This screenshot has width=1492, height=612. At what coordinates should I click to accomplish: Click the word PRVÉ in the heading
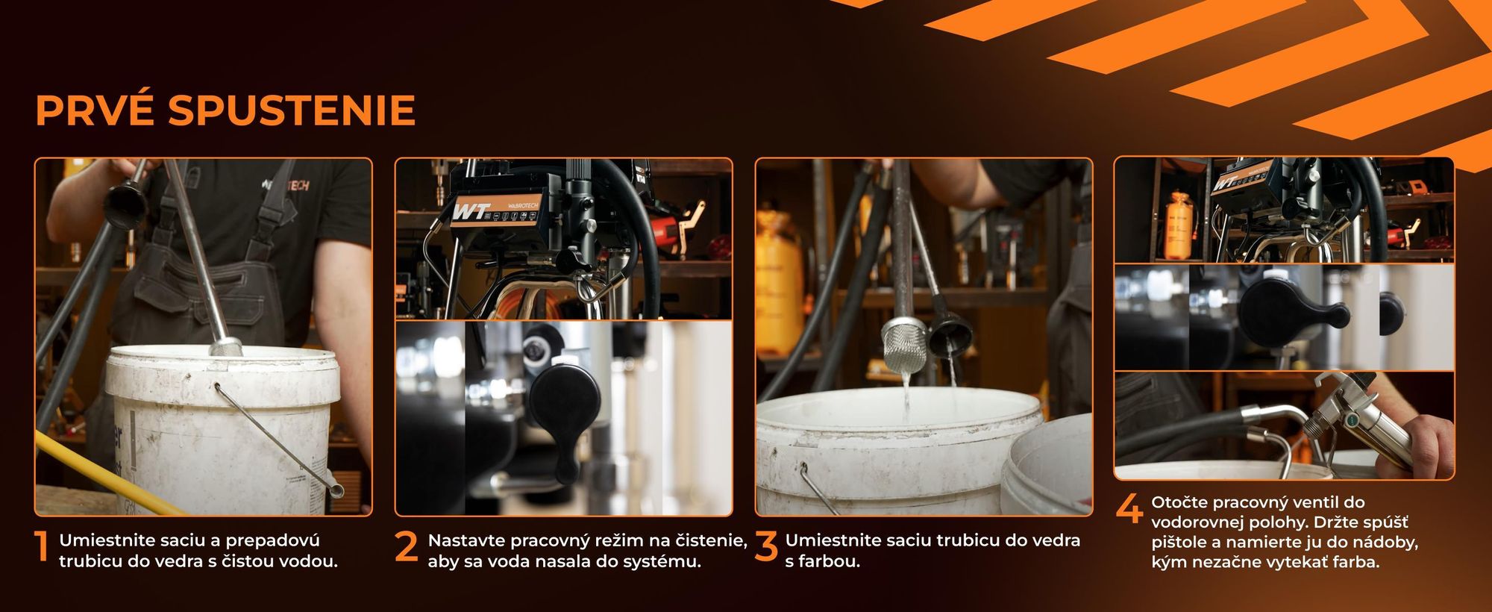pyautogui.click(x=94, y=110)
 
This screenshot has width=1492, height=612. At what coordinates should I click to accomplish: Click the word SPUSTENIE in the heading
pyautogui.click(x=292, y=110)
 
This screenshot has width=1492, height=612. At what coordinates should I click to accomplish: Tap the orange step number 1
pyautogui.click(x=43, y=548)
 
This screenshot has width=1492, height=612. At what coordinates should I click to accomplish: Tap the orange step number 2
pyautogui.click(x=407, y=547)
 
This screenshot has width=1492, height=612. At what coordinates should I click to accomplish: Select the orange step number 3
pyautogui.click(x=766, y=547)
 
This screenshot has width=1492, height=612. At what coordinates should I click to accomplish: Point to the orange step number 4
pyautogui.click(x=1129, y=509)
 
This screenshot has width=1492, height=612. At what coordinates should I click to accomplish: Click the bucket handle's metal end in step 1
pyautogui.click(x=336, y=491)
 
